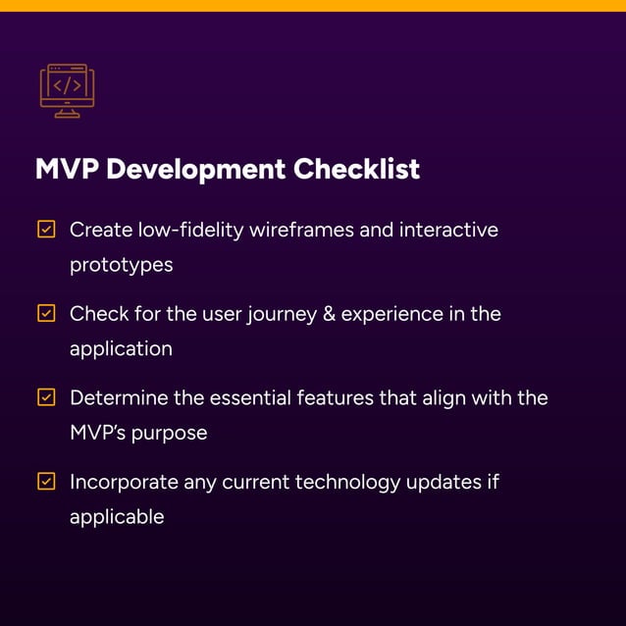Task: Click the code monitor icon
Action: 67,90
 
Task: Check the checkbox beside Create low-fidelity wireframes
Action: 46,230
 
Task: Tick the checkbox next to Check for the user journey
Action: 46,314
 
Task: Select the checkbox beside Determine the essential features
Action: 46,397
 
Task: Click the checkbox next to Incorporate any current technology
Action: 46,482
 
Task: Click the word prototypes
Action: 121,265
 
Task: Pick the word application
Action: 121,349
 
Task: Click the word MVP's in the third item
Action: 96,433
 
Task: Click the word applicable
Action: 117,517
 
